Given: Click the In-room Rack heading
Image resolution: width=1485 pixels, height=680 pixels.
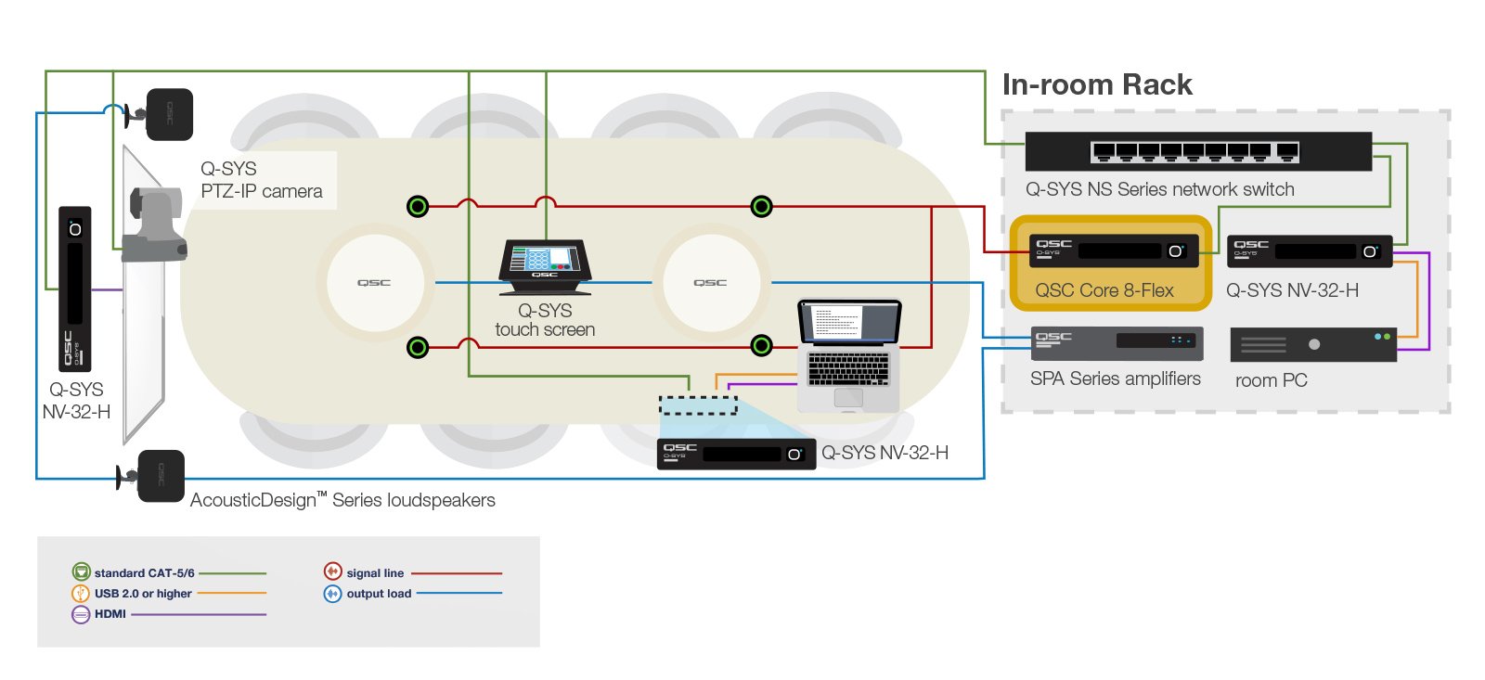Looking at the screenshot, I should point(1096,84).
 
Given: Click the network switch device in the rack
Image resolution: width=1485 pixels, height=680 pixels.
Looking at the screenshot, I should point(1197,151).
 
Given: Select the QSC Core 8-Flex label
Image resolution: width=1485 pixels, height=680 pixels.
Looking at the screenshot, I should point(1104,290).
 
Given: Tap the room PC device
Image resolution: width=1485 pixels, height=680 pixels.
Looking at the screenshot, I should point(1312,344).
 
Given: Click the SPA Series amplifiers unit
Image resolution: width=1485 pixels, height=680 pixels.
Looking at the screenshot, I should point(1117,343).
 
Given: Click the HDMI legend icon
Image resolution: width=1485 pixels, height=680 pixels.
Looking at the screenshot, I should point(81,614).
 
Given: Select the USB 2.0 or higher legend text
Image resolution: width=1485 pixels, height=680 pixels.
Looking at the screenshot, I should point(143,594).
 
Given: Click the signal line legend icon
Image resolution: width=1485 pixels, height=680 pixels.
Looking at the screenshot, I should point(332,572).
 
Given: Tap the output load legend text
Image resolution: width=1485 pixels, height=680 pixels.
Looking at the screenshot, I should point(379,594).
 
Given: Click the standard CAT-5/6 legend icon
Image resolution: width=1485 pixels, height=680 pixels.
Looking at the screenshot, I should point(81,572).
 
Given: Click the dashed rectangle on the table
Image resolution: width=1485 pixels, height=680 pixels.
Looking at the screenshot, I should point(698,404).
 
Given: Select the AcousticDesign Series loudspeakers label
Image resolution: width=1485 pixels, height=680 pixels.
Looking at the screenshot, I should point(342,500).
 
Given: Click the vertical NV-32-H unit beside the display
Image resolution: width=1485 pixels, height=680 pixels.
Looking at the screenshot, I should point(75,289).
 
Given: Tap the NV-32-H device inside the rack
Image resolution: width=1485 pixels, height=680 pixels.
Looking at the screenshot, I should point(1309,251).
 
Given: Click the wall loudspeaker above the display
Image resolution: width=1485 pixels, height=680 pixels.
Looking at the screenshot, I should point(168,114).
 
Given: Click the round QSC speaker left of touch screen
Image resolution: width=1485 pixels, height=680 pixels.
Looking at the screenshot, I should point(374,282).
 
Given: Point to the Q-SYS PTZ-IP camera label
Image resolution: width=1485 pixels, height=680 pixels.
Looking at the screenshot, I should point(261,180).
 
